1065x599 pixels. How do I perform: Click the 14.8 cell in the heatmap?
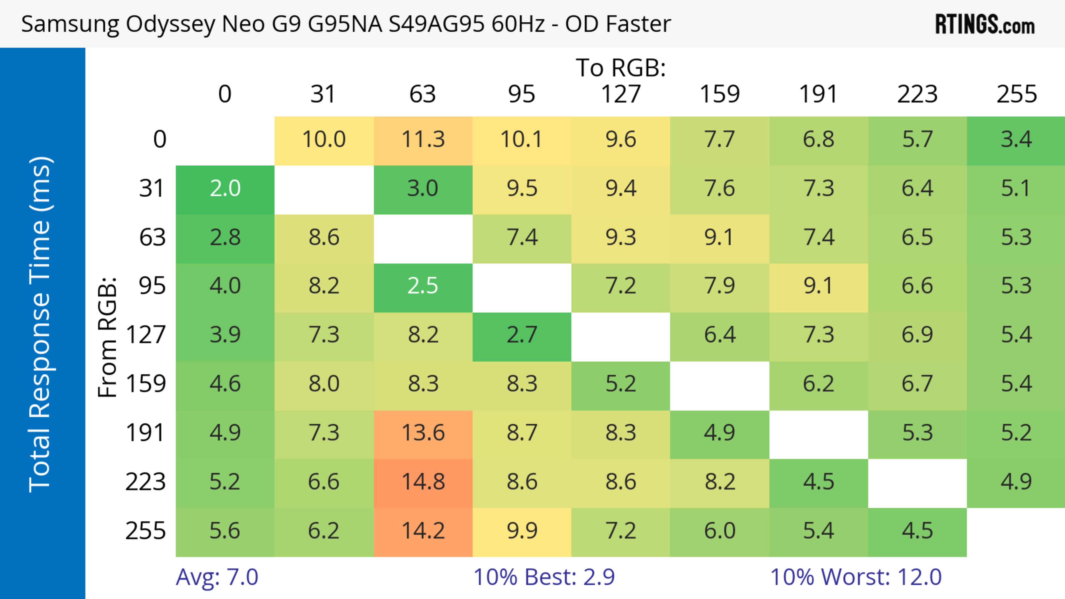click(423, 482)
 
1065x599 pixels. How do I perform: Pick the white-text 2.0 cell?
click(225, 188)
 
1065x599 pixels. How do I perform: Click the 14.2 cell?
click(423, 531)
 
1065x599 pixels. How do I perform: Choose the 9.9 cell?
click(522, 531)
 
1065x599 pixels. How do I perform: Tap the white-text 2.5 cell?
click(423, 286)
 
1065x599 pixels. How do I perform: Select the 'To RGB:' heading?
click(621, 68)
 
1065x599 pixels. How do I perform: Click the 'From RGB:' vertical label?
click(108, 338)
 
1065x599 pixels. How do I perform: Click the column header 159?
click(719, 94)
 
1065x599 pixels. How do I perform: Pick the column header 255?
click(1016, 94)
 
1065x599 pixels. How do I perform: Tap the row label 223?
click(146, 482)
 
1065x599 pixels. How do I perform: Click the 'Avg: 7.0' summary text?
click(217, 577)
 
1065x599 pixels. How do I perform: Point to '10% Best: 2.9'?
click(544, 577)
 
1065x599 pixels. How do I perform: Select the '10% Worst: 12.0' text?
click(856, 577)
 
